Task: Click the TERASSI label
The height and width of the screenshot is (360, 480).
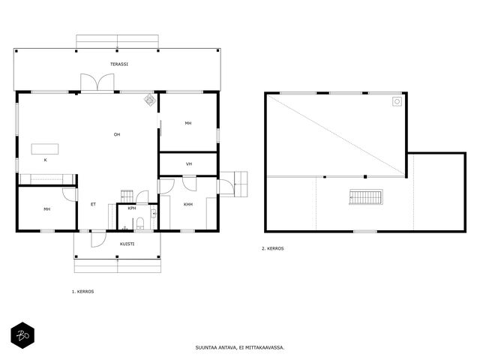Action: coord(119,64)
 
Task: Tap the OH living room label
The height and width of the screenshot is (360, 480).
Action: coord(117,134)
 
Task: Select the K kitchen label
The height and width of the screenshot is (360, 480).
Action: coord(45,160)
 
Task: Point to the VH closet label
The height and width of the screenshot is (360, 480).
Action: coord(189,164)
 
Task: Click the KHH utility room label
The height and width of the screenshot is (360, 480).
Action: coord(188,205)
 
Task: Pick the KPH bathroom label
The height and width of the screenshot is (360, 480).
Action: coord(132,208)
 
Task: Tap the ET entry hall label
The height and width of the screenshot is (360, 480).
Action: coord(93,204)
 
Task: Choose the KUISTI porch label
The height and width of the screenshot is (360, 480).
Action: coord(127,244)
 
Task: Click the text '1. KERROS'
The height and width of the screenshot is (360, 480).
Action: coord(83,292)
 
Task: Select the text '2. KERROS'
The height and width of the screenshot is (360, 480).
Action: coord(273,248)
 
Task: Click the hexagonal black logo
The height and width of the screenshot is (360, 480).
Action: coord(22,335)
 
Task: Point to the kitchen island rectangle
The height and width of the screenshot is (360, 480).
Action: coord(45,148)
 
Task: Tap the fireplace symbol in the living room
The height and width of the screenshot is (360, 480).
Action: coord(150,100)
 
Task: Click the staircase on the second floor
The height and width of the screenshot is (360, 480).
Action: coord(366,197)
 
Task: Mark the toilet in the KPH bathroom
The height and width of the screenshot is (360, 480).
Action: coord(140,223)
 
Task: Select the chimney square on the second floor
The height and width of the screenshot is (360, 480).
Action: coord(397,102)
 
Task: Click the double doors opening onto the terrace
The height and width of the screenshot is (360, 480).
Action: coord(97,82)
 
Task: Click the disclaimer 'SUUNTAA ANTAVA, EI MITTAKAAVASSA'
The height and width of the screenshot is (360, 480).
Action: coord(240,348)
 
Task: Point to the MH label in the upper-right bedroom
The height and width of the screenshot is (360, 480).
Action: coord(188,123)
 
